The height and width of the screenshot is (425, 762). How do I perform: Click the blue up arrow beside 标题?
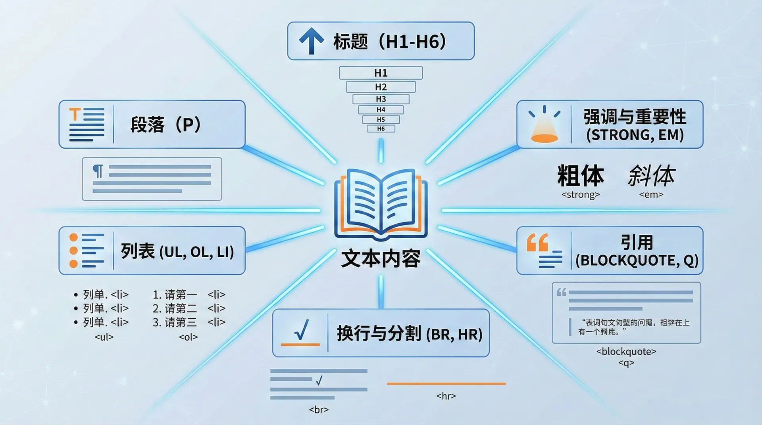(x=312, y=41)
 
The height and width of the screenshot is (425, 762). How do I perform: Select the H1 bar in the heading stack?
(x=381, y=73)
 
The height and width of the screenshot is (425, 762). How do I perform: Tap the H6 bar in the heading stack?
(x=381, y=129)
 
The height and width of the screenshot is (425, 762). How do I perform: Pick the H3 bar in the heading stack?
(x=381, y=99)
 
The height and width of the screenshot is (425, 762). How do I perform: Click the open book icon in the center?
(x=381, y=204)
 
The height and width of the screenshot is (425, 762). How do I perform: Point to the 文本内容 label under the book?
(x=381, y=258)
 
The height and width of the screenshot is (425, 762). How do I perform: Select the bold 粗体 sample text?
(x=580, y=176)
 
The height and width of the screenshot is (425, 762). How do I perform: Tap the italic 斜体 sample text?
(x=651, y=176)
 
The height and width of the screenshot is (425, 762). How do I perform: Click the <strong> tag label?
(x=580, y=195)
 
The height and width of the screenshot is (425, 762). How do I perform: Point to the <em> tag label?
(x=651, y=195)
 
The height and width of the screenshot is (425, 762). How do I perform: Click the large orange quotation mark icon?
(x=537, y=242)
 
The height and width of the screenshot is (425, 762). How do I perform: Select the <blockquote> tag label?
(x=626, y=352)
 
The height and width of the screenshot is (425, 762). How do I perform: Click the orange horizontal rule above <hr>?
(x=446, y=384)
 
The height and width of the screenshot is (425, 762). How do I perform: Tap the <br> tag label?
(x=319, y=410)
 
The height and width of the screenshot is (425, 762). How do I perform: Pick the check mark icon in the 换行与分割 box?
(x=302, y=331)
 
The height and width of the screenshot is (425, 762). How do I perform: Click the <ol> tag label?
(x=188, y=337)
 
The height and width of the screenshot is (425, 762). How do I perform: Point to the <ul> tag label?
(x=104, y=337)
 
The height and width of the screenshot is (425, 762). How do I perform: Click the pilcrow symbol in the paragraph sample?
(x=98, y=171)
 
